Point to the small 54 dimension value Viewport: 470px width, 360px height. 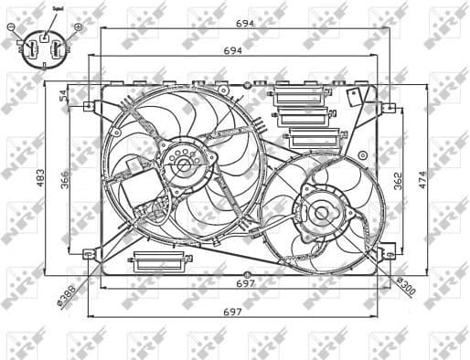(64, 94)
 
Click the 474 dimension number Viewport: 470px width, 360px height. (422, 180)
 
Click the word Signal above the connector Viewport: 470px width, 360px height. (45, 8)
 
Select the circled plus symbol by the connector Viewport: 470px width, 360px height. (78, 26)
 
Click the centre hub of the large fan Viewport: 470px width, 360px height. (182, 165)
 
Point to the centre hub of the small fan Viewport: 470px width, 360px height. (320, 214)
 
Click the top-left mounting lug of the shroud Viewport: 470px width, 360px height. (90, 106)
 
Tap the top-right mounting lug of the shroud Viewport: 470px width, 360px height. (389, 108)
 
